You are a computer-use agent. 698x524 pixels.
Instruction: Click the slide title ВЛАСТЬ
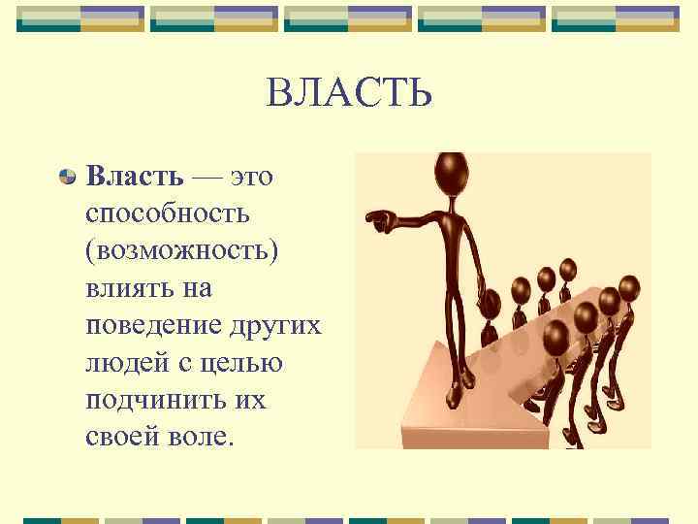[348, 94]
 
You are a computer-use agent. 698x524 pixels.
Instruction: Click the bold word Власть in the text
[133, 176]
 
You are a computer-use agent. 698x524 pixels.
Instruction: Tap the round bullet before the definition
[67, 177]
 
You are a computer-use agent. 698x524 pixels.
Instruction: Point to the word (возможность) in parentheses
[181, 249]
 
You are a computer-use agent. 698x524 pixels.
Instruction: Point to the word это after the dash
[251, 176]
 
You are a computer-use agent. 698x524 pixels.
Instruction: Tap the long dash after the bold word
[206, 177]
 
